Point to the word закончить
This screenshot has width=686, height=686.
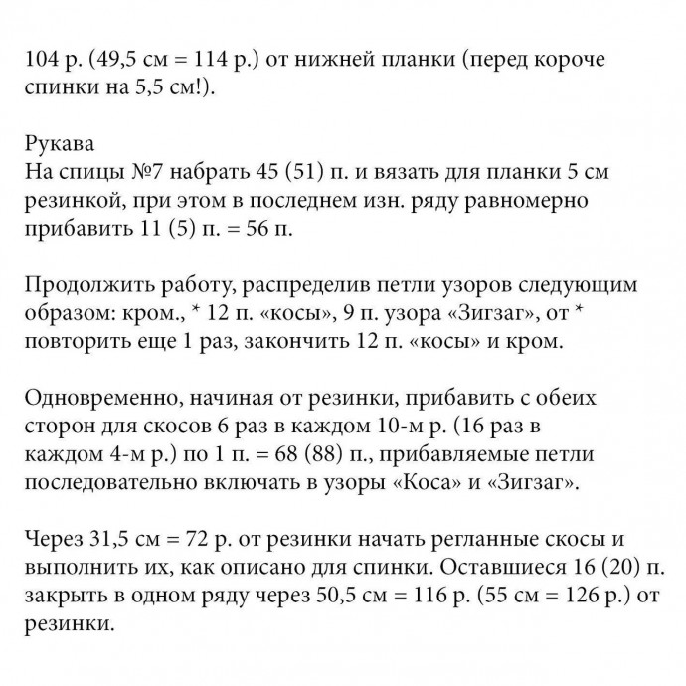tap(307, 343)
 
